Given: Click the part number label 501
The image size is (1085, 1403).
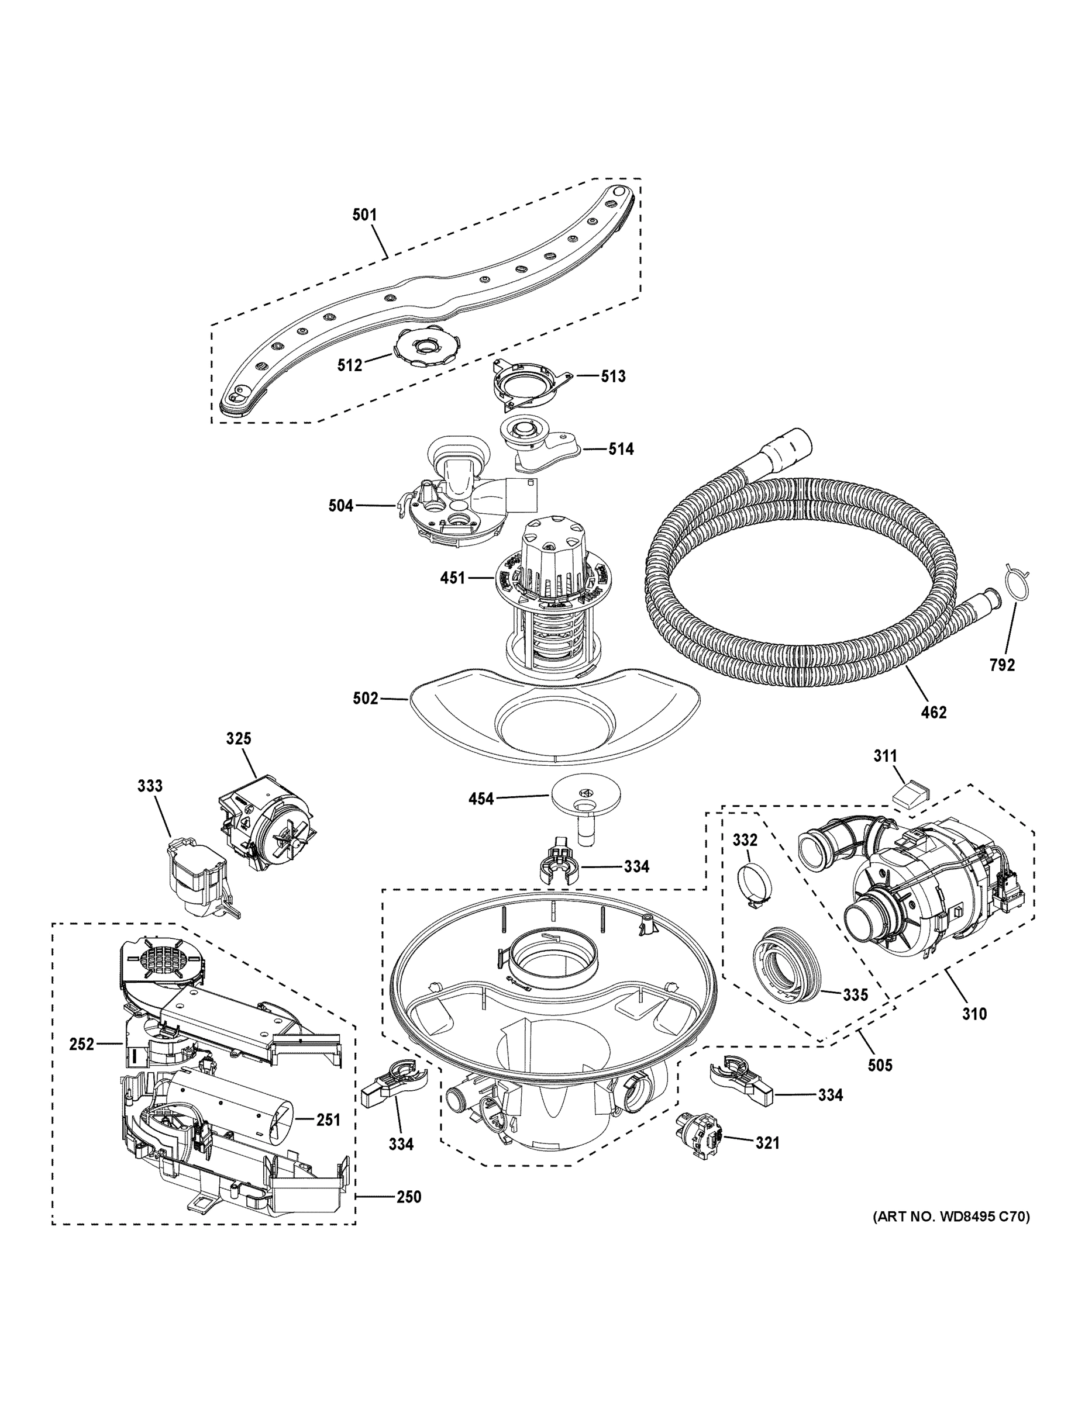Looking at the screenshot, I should [364, 215].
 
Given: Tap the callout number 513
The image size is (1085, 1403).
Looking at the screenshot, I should [612, 376].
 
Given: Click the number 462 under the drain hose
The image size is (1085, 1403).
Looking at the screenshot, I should [934, 712].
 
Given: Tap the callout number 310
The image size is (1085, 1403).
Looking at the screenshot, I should [974, 1014].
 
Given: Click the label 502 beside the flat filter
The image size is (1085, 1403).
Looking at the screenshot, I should [365, 699].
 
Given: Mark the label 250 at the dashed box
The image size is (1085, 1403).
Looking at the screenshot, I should [408, 1197].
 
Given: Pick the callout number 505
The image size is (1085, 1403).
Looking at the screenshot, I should [879, 1065].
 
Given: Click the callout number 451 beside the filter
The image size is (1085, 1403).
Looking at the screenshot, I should [453, 578].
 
